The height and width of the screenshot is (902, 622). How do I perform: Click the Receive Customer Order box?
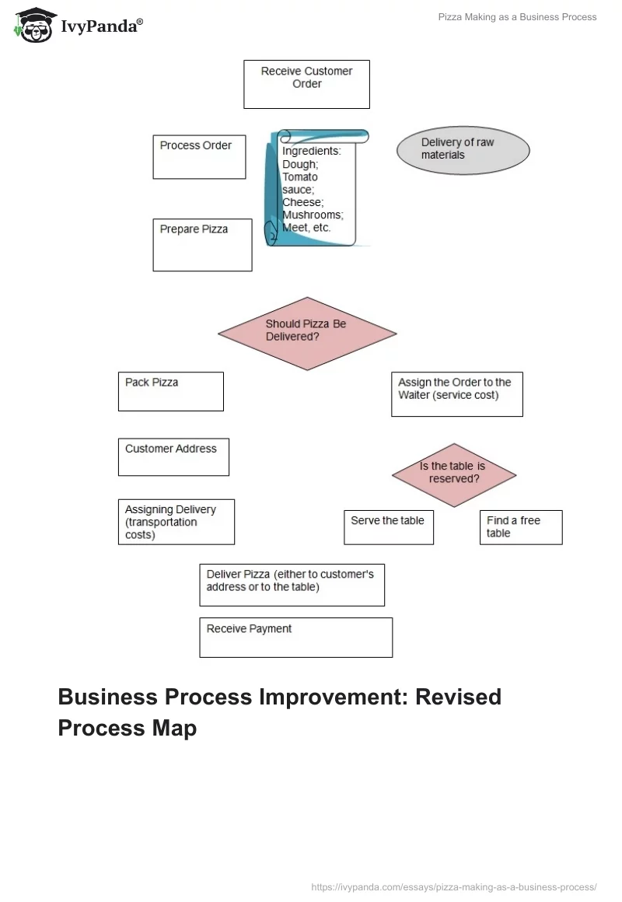306,84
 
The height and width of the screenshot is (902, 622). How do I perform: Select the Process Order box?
199,157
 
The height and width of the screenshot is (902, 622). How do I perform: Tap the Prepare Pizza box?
202,245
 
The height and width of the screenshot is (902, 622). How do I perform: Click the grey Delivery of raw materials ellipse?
463,149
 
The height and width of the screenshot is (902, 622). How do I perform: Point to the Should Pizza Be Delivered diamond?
307,333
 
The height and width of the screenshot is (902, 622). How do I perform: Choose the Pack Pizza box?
171,391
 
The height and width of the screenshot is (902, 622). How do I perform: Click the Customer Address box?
173,457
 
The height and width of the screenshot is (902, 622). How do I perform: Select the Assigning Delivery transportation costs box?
176,522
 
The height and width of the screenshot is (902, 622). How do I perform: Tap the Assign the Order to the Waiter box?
456,394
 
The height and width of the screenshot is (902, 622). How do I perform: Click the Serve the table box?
388,527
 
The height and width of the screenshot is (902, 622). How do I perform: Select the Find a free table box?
520,527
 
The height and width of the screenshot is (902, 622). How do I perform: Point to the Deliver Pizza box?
292,585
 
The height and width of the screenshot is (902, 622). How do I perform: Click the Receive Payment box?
295,638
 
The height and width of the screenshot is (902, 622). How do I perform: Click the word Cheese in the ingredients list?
302,202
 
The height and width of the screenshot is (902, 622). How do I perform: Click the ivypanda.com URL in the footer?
453,886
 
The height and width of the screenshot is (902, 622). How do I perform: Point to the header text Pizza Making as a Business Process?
518,17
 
